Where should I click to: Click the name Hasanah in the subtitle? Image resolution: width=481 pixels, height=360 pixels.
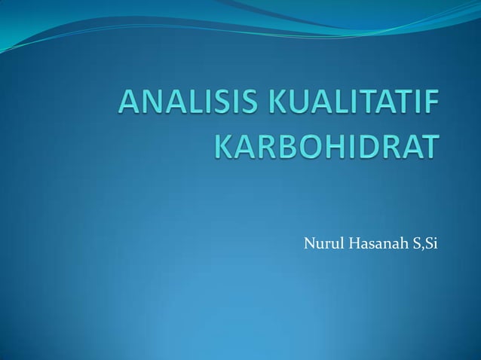(x=370, y=243)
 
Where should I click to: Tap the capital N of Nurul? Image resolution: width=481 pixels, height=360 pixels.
(x=307, y=243)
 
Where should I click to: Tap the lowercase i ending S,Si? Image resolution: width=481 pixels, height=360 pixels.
(x=432, y=243)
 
